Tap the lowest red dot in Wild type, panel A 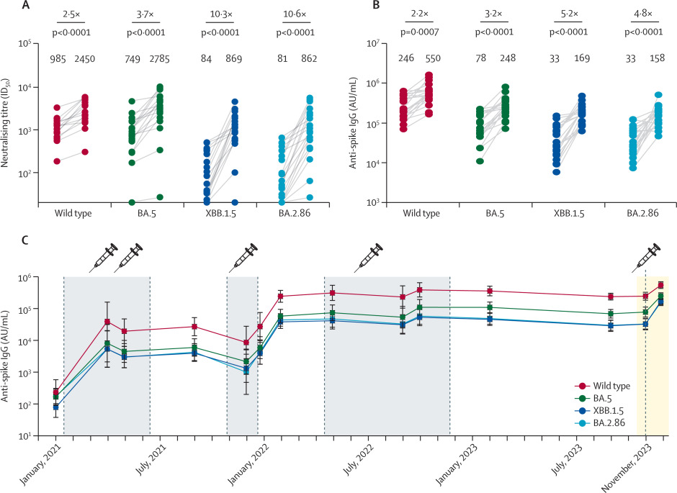pos(58,160)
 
